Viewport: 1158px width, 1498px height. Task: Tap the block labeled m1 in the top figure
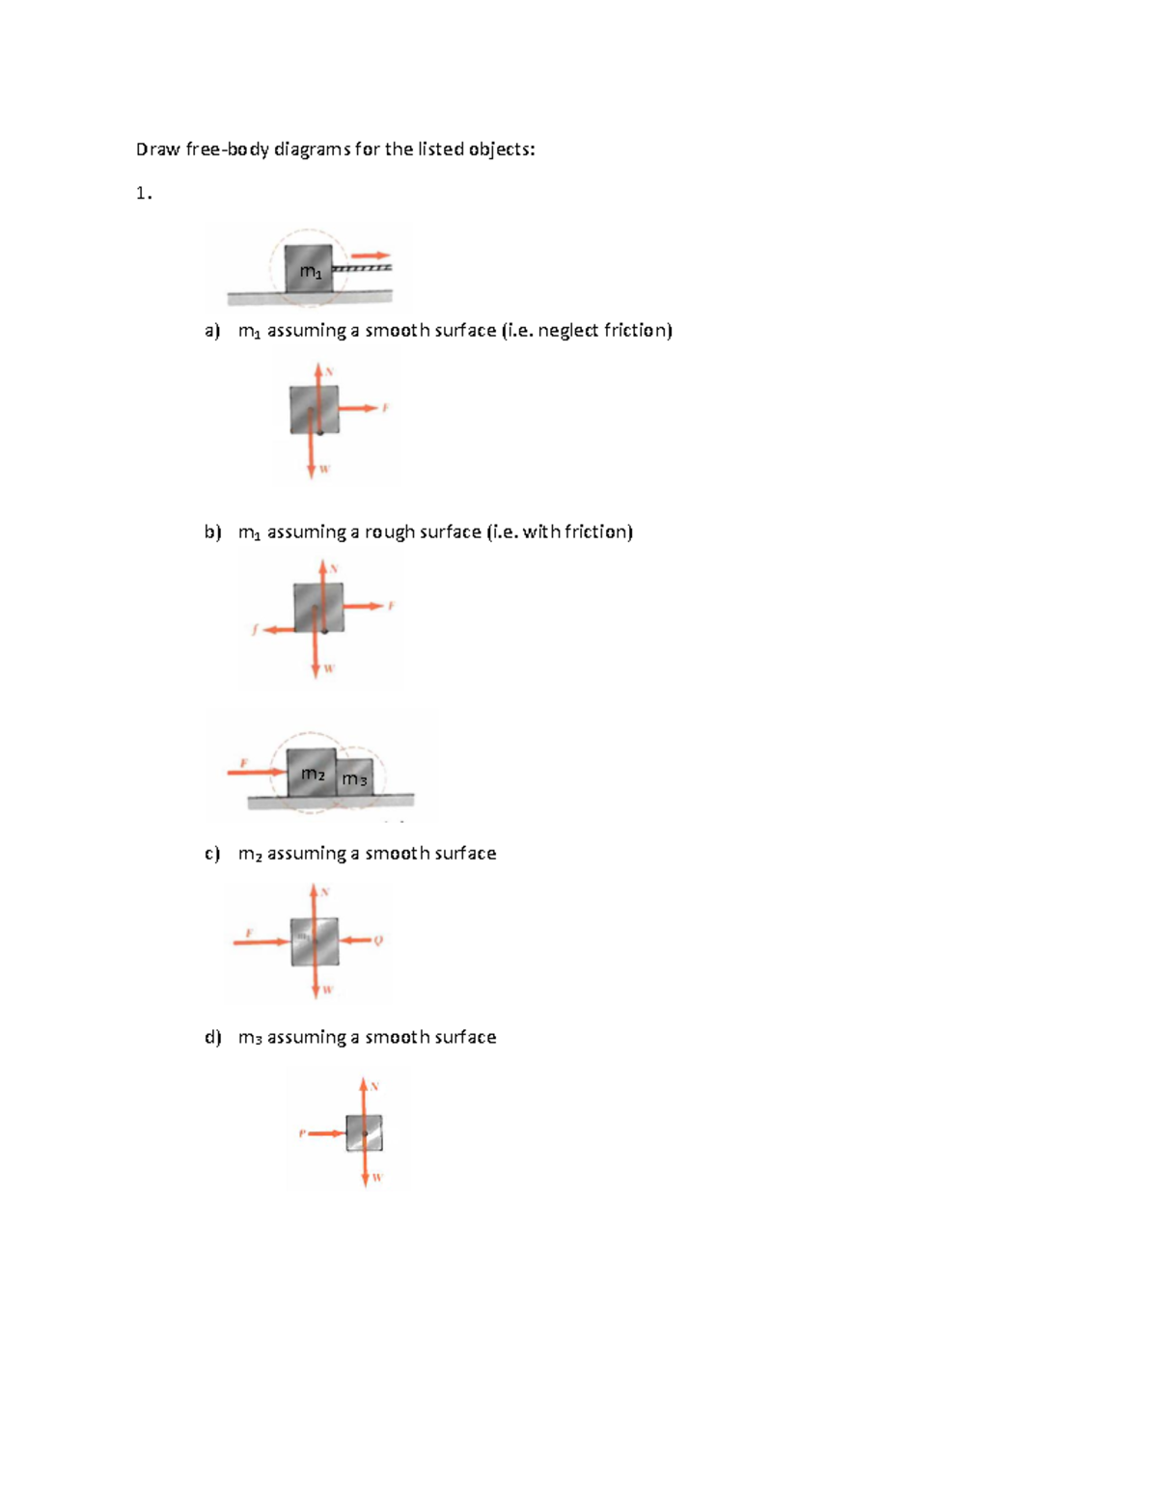[309, 269]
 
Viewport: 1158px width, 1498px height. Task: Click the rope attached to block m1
[362, 267]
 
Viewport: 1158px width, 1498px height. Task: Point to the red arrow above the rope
[370, 256]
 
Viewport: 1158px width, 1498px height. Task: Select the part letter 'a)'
[212, 331]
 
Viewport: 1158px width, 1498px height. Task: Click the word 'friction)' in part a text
[638, 331]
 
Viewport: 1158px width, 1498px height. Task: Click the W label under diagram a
[324, 470]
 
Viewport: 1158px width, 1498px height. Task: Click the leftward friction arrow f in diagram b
[279, 630]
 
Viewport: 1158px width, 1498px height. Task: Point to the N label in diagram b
[334, 569]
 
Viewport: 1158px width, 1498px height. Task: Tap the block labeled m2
[312, 773]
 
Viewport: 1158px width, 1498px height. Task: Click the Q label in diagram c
[378, 940]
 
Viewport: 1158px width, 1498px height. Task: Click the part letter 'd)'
[212, 1038]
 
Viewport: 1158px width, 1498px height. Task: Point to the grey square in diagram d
[365, 1132]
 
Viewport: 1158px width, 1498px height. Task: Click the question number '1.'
[144, 194]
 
